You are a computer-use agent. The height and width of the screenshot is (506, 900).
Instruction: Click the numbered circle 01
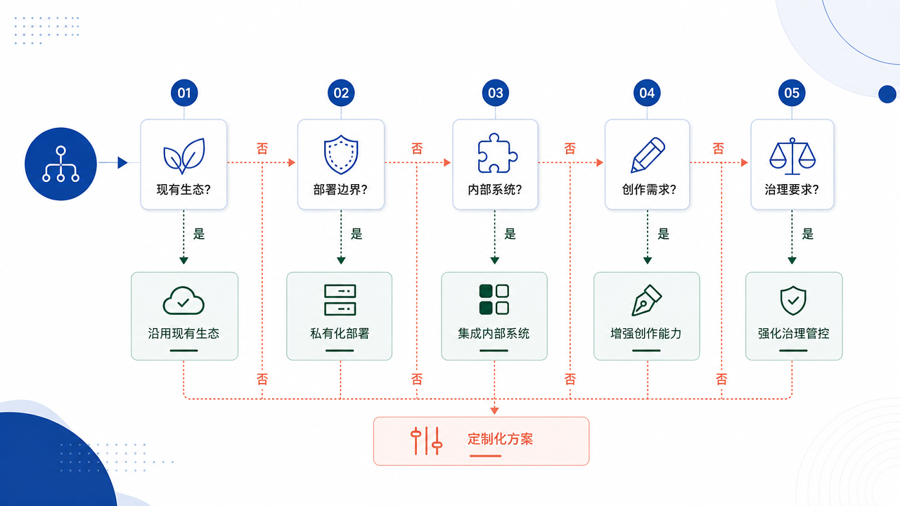click(x=184, y=93)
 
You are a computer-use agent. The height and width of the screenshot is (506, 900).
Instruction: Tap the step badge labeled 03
click(x=496, y=93)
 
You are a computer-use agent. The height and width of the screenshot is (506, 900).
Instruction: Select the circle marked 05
click(x=792, y=93)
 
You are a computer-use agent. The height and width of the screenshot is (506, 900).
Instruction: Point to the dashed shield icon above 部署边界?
click(x=341, y=155)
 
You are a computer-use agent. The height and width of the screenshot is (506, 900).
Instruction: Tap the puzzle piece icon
click(x=497, y=153)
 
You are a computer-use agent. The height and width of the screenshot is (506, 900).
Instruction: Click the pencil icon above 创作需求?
click(x=648, y=155)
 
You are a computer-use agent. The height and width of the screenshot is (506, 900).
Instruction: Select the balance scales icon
click(x=792, y=156)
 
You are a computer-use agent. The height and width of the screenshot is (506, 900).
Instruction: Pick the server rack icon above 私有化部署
click(x=340, y=300)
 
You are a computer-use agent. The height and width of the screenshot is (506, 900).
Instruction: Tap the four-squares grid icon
click(x=494, y=299)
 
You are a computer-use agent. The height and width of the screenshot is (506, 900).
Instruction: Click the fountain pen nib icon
click(x=646, y=300)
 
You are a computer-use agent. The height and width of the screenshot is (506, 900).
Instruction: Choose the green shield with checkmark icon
click(x=793, y=300)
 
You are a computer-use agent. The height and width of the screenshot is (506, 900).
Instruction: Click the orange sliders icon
click(x=426, y=441)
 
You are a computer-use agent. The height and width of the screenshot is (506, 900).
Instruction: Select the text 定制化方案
click(x=500, y=439)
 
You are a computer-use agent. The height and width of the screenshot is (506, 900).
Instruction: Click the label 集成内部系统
click(x=494, y=333)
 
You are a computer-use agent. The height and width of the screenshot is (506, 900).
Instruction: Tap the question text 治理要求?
click(x=792, y=189)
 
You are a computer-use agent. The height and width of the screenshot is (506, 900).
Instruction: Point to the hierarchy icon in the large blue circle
click(x=60, y=164)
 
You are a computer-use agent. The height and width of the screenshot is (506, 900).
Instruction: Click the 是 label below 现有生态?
click(x=199, y=234)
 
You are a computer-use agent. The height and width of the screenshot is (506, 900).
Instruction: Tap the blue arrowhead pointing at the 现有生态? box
click(x=122, y=162)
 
